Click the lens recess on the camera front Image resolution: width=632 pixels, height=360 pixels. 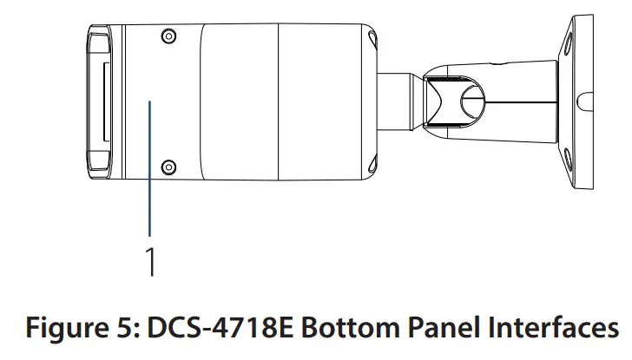coord(99,100)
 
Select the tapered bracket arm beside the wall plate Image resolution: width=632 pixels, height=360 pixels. coord(521,100)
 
